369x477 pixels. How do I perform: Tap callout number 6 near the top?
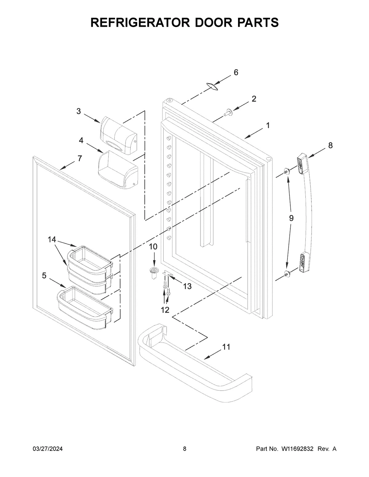tap(236, 72)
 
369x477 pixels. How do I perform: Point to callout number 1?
tap(268, 125)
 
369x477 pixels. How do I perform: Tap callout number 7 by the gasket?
tap(80, 158)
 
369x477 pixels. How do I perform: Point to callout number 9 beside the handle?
tap(291, 218)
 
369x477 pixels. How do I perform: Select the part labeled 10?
tap(153, 272)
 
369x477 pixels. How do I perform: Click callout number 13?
tap(187, 286)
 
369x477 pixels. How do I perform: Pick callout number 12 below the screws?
tap(165, 310)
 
